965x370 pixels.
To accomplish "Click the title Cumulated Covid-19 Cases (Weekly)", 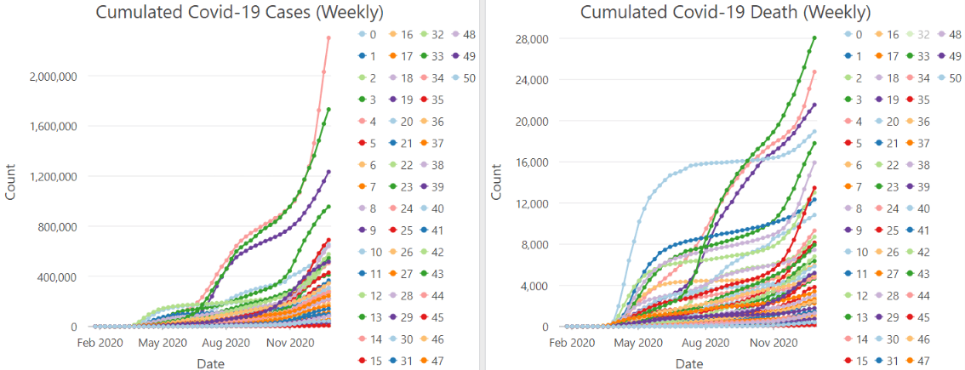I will pyautogui.click(x=239, y=13).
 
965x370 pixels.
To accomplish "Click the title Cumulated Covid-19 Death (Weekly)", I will pyautogui.click(x=725, y=13).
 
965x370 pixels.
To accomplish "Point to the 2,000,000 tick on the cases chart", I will pyautogui.click(x=55, y=77).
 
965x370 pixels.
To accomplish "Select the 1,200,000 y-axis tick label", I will pyautogui.click(x=55, y=177).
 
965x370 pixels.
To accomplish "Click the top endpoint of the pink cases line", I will pyautogui.click(x=328, y=37).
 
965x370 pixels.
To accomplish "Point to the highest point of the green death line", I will pyautogui.click(x=814, y=37).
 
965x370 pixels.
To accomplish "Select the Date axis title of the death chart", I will pyautogui.click(x=692, y=363).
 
